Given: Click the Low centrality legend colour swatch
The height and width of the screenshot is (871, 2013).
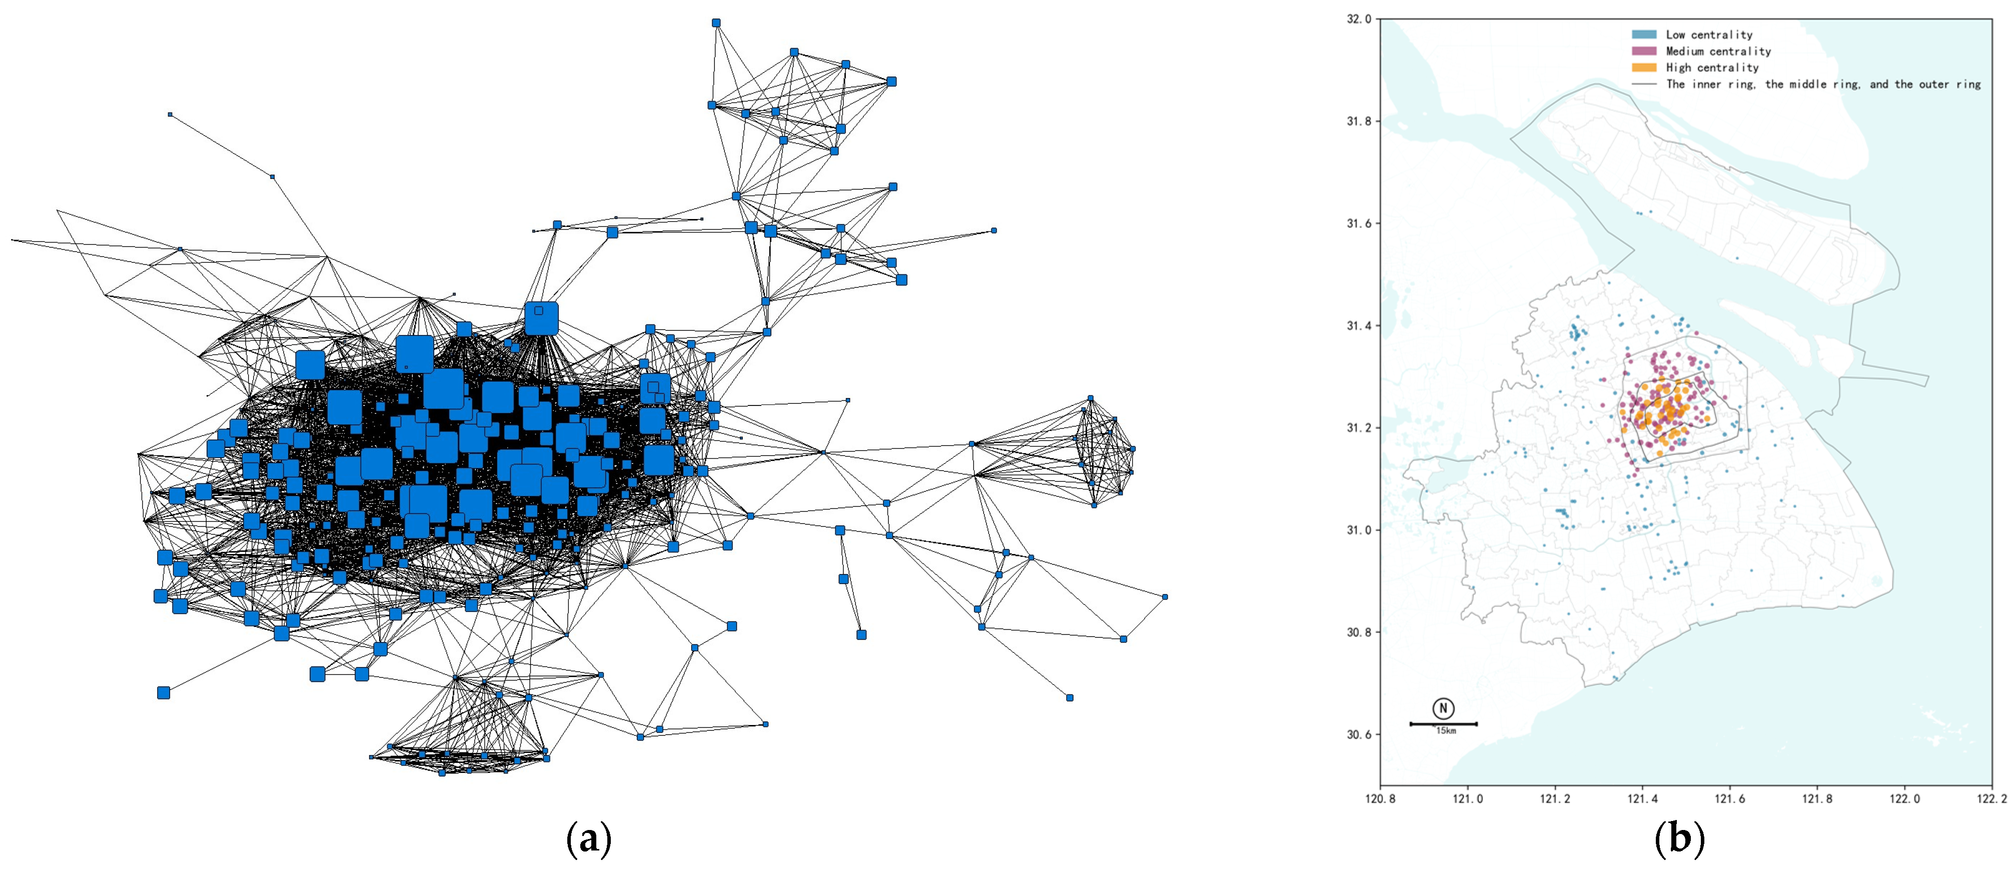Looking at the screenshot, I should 1643,34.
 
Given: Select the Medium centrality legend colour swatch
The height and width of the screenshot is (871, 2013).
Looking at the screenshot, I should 1643,51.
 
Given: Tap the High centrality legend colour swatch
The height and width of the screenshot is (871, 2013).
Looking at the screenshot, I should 1643,67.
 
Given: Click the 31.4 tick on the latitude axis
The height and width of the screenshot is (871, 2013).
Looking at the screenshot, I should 1360,325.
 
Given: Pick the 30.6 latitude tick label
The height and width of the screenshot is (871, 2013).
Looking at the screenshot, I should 1360,734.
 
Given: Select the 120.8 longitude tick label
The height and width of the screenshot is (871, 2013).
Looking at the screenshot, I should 1380,799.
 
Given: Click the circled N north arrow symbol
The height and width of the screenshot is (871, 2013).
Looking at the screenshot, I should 1443,708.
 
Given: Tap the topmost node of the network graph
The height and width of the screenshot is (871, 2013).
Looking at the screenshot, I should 716,22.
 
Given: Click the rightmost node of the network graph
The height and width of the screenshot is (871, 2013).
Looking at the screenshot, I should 1165,597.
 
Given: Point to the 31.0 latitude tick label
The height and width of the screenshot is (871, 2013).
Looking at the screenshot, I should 1360,529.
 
